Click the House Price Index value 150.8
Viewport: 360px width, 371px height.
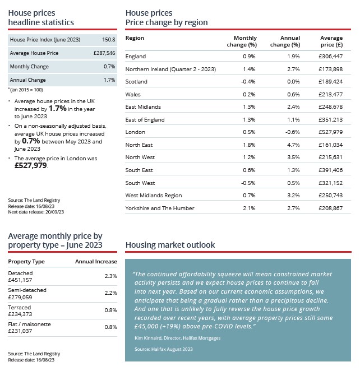click(109, 40)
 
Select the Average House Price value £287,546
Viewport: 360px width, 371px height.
click(104, 53)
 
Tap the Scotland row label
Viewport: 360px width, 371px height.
click(136, 82)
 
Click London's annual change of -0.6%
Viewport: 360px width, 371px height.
click(293, 132)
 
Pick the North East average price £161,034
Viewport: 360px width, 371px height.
click(331, 145)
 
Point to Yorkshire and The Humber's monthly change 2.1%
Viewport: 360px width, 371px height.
click(249, 208)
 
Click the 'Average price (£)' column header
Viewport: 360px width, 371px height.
click(331, 41)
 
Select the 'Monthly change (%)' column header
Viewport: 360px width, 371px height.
click(242, 41)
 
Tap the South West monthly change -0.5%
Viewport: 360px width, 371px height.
click(248, 183)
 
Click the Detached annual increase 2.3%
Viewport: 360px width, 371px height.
click(111, 276)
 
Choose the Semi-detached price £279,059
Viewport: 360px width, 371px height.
click(20, 297)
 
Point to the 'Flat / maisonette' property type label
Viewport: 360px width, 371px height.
click(29, 324)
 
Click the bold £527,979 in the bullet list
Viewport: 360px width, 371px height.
click(31, 165)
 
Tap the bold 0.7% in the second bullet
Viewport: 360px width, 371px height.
click(31, 141)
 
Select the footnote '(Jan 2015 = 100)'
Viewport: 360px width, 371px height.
click(26, 90)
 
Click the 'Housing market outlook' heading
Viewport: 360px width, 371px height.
click(170, 245)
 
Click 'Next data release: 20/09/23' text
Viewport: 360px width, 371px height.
click(36, 212)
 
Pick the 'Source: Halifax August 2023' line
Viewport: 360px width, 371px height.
click(164, 349)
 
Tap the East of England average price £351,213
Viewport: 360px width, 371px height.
click(331, 120)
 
